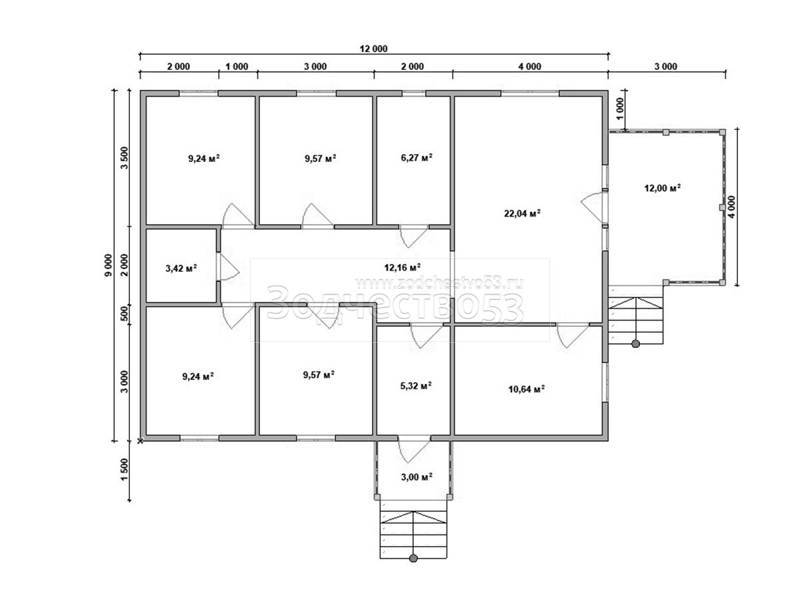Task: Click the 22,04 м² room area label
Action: pyautogui.click(x=522, y=213)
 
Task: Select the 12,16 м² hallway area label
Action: pyautogui.click(x=403, y=268)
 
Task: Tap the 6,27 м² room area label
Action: pyautogui.click(x=417, y=158)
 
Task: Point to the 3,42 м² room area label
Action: pyautogui.click(x=181, y=269)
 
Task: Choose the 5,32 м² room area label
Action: pyautogui.click(x=416, y=386)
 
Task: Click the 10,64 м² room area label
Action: pyautogui.click(x=526, y=389)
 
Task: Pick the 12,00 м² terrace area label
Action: pyautogui.click(x=662, y=189)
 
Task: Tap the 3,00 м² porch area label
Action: pyautogui.click(x=417, y=477)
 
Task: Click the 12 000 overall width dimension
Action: pyautogui.click(x=373, y=49)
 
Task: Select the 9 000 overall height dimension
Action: pyautogui.click(x=109, y=265)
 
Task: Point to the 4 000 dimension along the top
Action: pyautogui.click(x=529, y=67)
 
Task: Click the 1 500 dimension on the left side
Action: pyautogui.click(x=124, y=469)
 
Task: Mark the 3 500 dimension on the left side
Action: pyautogui.click(x=124, y=158)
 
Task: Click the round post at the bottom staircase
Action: pyautogui.click(x=413, y=569)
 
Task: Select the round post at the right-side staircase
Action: pyautogui.click(x=635, y=343)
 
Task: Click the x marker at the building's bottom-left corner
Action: pyautogui.click(x=140, y=441)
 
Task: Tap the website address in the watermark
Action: pyautogui.click(x=439, y=283)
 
